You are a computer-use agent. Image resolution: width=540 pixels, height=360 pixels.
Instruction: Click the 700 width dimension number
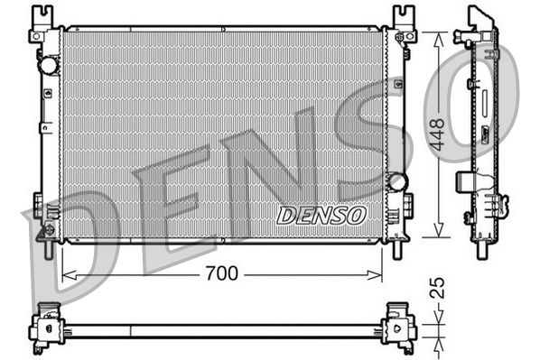[x=222, y=273]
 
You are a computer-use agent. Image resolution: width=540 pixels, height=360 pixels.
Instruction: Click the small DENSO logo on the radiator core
[x=321, y=216]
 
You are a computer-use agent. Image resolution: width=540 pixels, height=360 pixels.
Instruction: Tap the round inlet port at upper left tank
[x=48, y=67]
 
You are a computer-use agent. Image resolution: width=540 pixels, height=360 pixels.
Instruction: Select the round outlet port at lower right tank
[x=395, y=181]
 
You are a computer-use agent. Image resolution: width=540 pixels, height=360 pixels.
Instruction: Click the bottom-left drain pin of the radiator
[x=44, y=236]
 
